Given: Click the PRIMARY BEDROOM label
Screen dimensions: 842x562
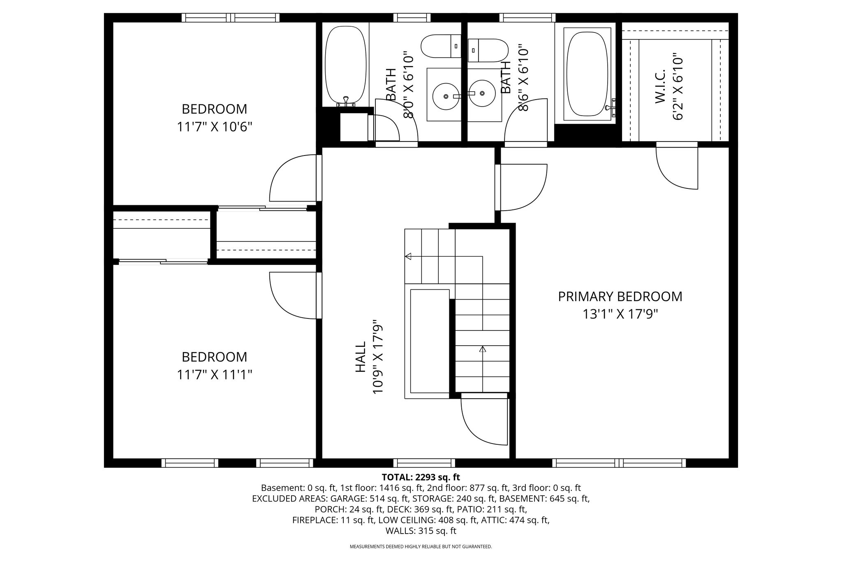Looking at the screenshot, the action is tap(620, 296).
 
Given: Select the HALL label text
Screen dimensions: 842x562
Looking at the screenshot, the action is tap(360, 357).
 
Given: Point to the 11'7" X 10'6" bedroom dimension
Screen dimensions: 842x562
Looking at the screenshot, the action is tap(214, 127).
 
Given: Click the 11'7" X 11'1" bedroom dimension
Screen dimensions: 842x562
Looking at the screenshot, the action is tap(214, 375).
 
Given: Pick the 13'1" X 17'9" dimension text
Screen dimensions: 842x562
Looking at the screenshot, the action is tap(620, 314).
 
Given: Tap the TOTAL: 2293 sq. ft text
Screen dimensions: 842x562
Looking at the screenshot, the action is tap(421, 477).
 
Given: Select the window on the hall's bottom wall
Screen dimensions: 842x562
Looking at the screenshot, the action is tap(424, 463).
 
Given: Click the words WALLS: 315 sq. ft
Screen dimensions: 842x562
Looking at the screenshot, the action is tap(421, 531).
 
